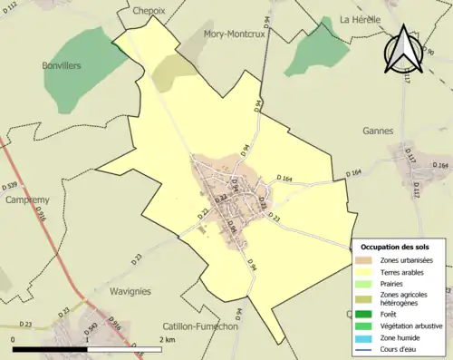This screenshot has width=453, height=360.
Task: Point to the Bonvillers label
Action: coord(61,65)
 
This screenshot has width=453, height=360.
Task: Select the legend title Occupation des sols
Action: coord(397,247)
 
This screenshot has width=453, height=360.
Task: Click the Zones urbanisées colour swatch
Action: coord(365,260)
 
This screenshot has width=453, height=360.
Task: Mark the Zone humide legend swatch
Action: coord(365,337)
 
